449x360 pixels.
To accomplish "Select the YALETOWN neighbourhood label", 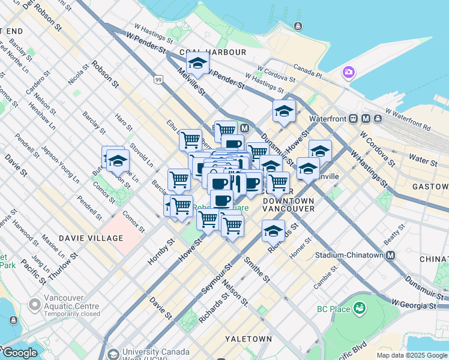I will (x=248, y=339).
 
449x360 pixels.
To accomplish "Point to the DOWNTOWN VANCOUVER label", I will (x=289, y=204).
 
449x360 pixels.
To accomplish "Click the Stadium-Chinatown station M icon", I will (x=391, y=255).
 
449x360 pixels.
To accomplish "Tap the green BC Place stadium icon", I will (x=360, y=309).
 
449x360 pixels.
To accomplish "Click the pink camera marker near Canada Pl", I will (x=348, y=73).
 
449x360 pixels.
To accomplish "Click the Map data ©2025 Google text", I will (x=412, y=355).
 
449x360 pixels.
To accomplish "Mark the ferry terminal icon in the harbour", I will (x=298, y=26).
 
